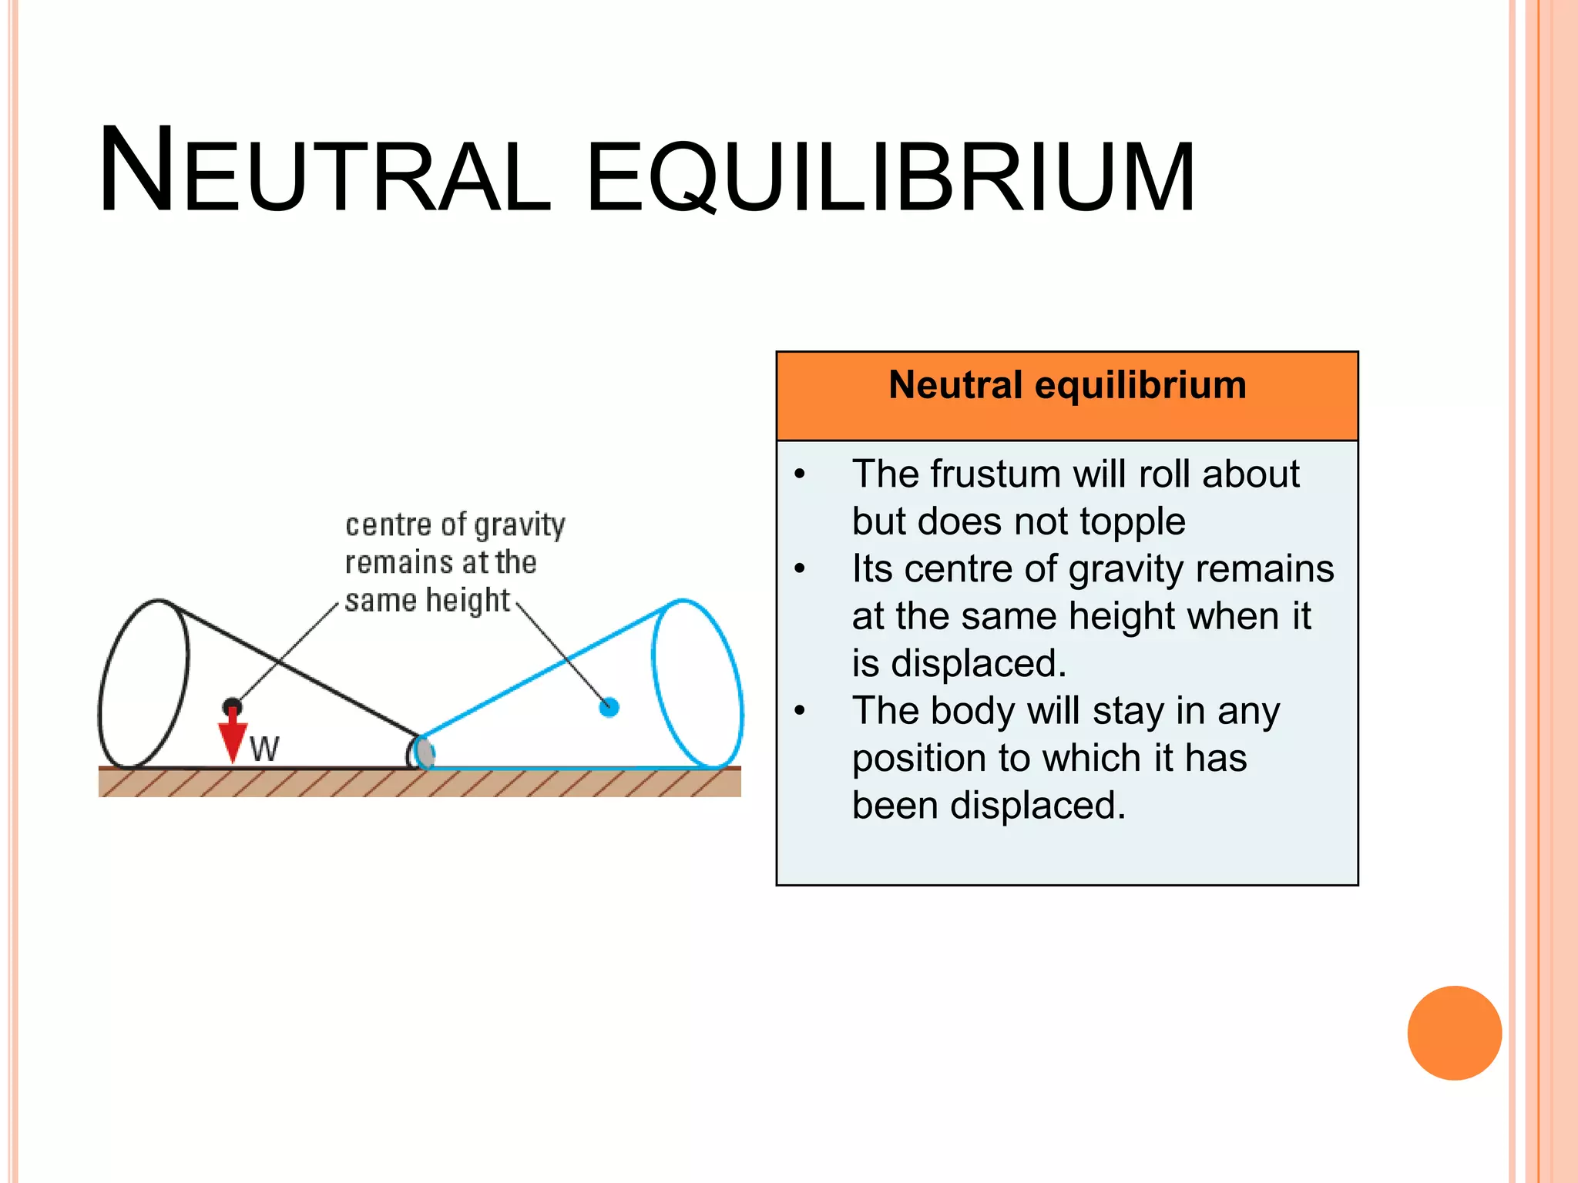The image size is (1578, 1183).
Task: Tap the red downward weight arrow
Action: tap(232, 738)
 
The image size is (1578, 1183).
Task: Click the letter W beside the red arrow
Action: tap(264, 749)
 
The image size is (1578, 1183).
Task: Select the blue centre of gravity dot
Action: tap(609, 706)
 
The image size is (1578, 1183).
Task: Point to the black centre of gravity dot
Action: tap(232, 706)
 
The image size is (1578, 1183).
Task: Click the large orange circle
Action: tap(1454, 1033)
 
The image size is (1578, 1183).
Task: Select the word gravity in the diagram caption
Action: tap(519, 525)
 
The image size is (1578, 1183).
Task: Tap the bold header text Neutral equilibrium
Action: tap(1067, 384)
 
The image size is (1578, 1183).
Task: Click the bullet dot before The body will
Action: tap(801, 711)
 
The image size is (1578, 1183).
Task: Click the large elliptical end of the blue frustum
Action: tap(697, 683)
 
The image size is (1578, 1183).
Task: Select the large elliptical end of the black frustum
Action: tap(144, 683)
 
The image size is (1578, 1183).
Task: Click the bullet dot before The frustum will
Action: tap(801, 474)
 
